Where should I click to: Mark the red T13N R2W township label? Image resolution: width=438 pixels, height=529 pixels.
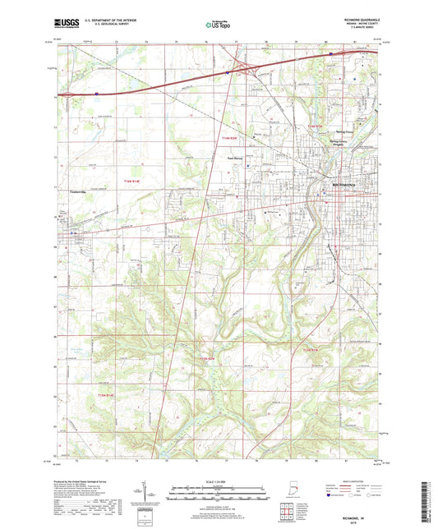[206, 359]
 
